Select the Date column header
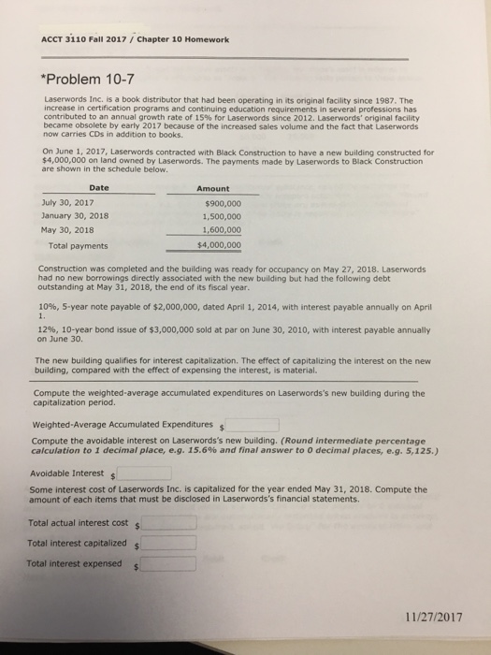coord(98,188)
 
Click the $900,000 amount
coord(223,202)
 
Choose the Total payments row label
coord(78,246)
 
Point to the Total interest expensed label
coord(76,563)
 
